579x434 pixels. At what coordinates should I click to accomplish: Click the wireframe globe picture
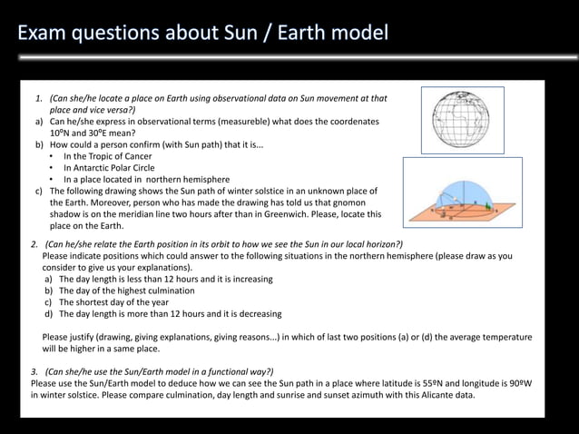460,119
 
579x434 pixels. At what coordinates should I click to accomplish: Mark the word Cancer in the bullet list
134,156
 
